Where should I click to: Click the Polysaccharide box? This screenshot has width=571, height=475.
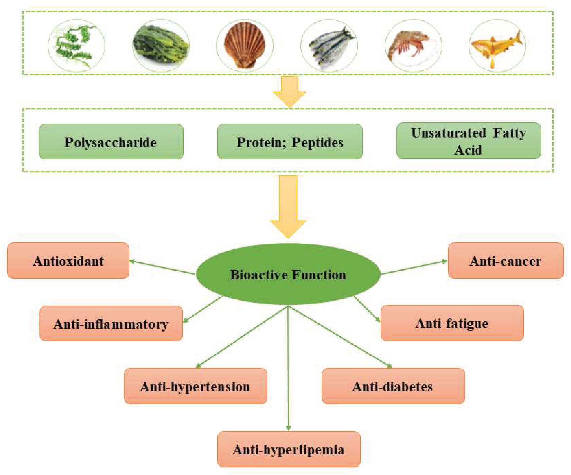(x=111, y=142)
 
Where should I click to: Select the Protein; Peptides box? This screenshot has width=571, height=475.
(x=290, y=142)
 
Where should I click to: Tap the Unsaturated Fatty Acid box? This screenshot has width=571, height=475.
(x=469, y=141)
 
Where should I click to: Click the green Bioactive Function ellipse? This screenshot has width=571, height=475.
(x=288, y=274)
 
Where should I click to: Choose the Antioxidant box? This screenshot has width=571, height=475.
(x=68, y=261)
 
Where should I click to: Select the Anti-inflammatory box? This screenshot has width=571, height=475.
(x=111, y=323)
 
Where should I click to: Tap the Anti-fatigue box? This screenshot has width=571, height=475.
(x=452, y=323)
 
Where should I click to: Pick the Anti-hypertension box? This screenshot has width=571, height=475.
(x=195, y=386)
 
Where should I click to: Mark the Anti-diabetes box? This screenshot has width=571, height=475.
(x=393, y=386)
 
